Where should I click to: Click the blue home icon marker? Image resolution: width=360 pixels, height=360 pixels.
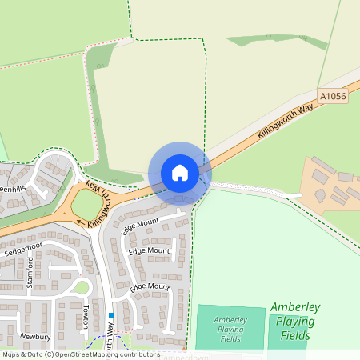coord(180,172)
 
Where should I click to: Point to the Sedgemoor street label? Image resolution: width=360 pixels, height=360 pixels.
coord(22,250)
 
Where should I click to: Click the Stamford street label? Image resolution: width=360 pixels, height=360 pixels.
coord(30,274)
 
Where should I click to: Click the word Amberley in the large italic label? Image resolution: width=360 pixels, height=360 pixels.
coord(295,307)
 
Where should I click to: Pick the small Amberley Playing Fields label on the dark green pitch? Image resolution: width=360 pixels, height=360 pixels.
coord(230,329)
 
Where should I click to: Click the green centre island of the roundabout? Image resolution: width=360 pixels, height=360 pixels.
coord(86,208)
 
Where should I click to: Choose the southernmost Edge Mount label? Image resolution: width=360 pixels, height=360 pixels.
coord(150,286)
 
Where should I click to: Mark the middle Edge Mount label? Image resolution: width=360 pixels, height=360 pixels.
coord(150,251)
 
